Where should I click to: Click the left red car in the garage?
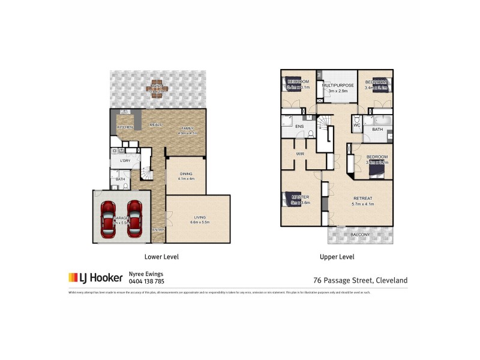pos(109,218)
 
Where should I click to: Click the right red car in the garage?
pos(134,218)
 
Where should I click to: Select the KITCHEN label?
pos(125,127)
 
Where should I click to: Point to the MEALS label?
pos(156,124)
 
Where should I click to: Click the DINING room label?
pos(186,174)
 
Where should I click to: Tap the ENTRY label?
pos(158,230)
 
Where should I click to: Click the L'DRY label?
pos(125,161)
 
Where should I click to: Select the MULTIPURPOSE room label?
pos(338,86)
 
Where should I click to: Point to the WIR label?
pos(301,154)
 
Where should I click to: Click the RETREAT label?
pos(363,199)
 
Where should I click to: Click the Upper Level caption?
pos(337,257)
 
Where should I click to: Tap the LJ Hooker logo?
pos(95,277)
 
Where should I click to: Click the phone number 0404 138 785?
pos(146,281)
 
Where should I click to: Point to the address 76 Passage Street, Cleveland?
pos(361,280)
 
